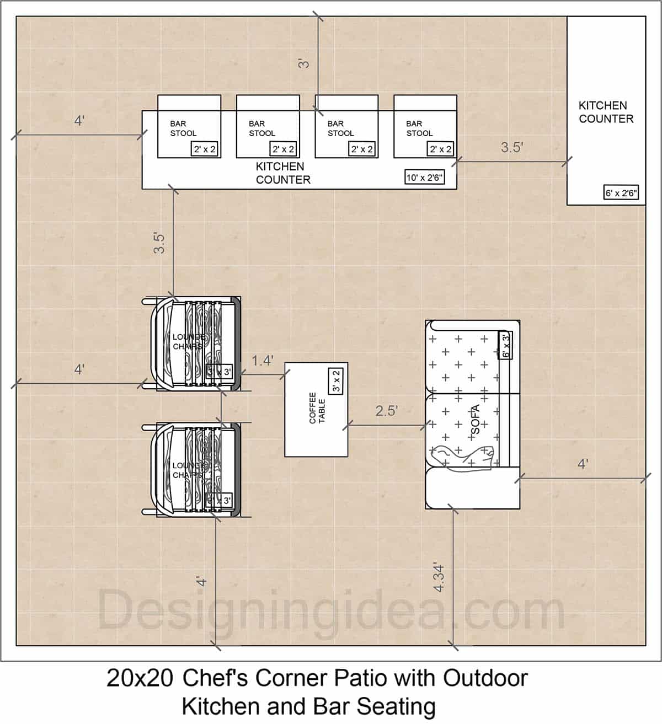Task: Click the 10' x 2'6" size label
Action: pyautogui.click(x=424, y=178)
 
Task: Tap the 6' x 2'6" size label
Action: pyautogui.click(x=622, y=193)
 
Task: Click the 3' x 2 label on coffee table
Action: pyautogui.click(x=337, y=381)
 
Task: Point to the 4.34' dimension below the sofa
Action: pyautogui.click(x=440, y=577)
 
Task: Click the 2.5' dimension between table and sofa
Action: pyautogui.click(x=387, y=411)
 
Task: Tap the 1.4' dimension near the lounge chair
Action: pyautogui.click(x=263, y=361)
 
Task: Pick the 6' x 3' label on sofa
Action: pyautogui.click(x=506, y=345)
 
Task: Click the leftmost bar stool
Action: pyautogui.click(x=189, y=127)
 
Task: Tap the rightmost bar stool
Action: pyautogui.click(x=425, y=127)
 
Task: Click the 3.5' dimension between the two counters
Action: pyautogui.click(x=511, y=147)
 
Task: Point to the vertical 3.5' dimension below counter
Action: pyautogui.click(x=159, y=243)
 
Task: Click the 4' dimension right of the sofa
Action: pyautogui.click(x=583, y=464)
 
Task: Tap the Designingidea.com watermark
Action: pyautogui.click(x=331, y=610)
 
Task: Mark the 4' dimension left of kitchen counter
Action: pyautogui.click(x=79, y=121)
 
